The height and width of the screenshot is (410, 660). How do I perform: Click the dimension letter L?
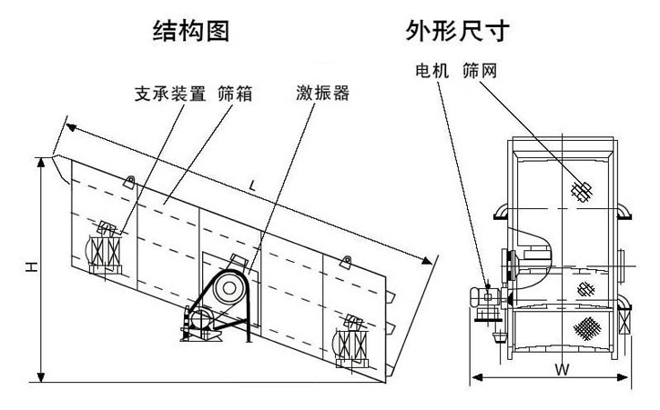tap(253, 185)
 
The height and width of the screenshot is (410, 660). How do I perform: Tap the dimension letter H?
tap(30, 267)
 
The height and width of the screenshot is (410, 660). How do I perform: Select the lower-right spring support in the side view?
tap(351, 345)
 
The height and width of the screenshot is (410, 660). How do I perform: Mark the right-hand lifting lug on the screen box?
tap(345, 263)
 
